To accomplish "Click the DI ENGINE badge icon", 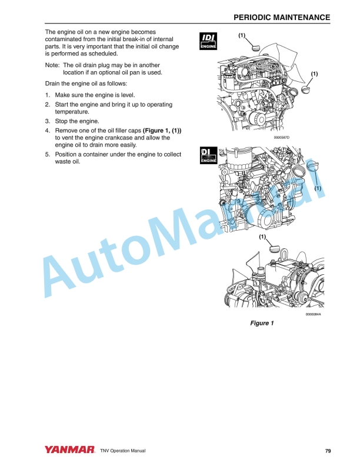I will pyautogui.click(x=208, y=155).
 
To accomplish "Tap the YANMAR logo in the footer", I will pyautogui.click(x=69, y=450).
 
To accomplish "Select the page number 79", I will pyautogui.click(x=328, y=451).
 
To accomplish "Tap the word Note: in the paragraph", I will pyautogui.click(x=53, y=65).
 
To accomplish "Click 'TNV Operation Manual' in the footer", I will pyautogui.click(x=123, y=451).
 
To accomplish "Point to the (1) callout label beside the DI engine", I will pyautogui.click(x=317, y=188).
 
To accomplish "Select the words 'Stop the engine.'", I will pyautogui.click(x=76, y=121).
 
